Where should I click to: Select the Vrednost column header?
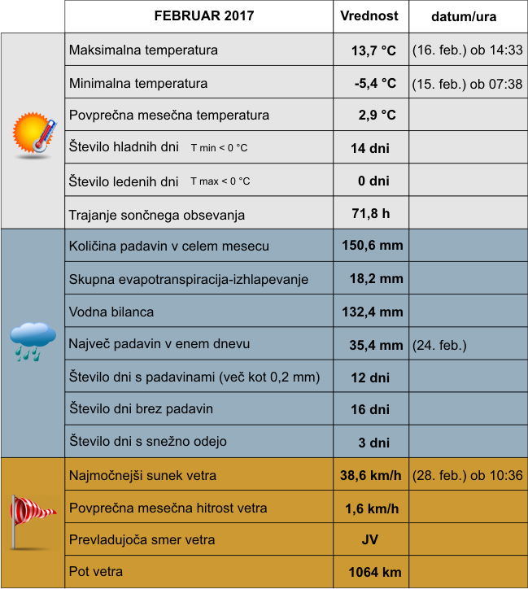(369, 16)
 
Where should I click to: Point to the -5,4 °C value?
(374, 83)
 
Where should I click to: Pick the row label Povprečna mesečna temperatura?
(169, 116)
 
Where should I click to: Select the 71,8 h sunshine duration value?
(370, 215)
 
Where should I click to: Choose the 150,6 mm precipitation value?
(371, 246)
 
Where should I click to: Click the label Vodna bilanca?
(111, 312)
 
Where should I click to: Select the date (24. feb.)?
(439, 345)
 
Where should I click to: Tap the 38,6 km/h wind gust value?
(370, 476)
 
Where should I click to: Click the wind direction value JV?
(370, 540)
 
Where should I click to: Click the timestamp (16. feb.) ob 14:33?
(467, 50)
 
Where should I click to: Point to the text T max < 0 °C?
(220, 181)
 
